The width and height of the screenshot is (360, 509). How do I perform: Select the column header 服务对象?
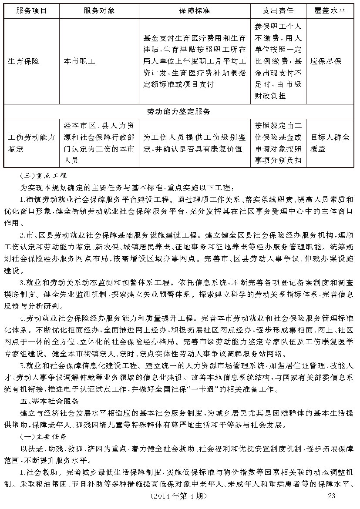click(x=99, y=10)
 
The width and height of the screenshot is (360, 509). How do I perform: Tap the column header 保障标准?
click(x=194, y=10)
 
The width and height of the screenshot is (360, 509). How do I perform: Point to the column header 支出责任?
click(x=278, y=10)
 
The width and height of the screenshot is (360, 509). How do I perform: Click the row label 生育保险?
click(x=24, y=61)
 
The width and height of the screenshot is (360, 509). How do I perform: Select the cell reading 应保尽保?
click(x=326, y=61)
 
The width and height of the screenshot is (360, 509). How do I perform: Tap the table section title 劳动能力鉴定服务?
click(x=178, y=111)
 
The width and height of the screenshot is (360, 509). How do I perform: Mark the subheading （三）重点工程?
click(x=44, y=176)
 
